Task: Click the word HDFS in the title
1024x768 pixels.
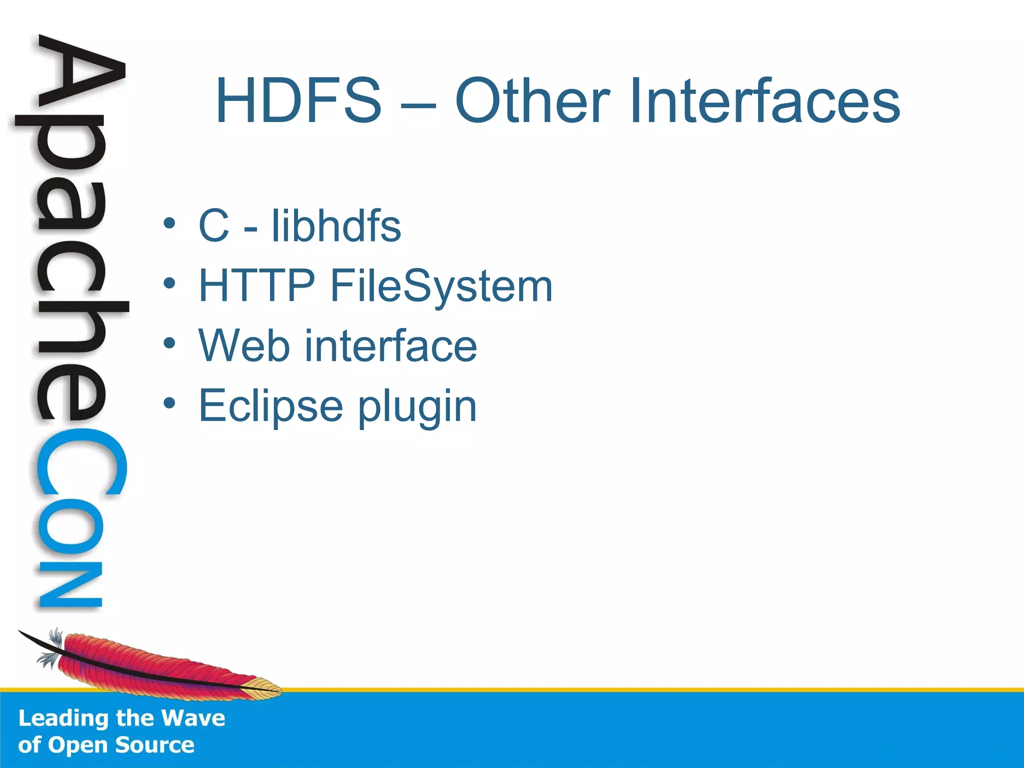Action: (298, 100)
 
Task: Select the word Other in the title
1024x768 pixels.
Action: (532, 100)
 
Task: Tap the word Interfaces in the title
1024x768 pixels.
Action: (764, 100)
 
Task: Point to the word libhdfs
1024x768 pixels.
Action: (336, 226)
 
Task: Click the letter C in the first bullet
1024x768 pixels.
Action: (214, 226)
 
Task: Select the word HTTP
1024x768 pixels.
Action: (256, 285)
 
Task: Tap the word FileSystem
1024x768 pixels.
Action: (441, 286)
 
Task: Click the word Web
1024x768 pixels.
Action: (244, 345)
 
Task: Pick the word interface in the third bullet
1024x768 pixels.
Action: (391, 345)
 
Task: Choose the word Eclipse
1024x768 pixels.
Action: (270, 406)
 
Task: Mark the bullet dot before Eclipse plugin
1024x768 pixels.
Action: (169, 402)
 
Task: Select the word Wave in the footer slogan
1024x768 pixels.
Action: (193, 718)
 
